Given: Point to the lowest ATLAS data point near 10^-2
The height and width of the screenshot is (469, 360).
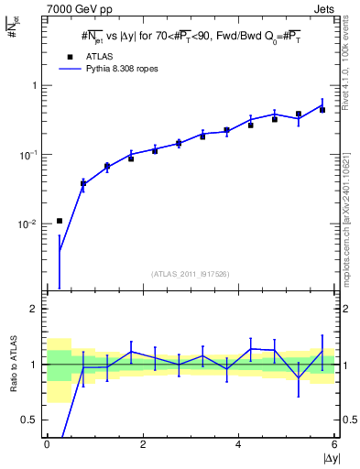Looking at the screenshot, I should pyautogui.click(x=60, y=221).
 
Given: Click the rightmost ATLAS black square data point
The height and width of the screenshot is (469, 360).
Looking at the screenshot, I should pyautogui.click(x=322, y=110).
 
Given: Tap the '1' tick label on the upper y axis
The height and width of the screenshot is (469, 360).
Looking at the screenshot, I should pyautogui.click(x=37, y=86).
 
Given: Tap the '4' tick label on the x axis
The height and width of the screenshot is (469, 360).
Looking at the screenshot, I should pyautogui.click(x=238, y=444).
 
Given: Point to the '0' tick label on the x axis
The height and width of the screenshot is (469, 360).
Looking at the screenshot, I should pyautogui.click(x=47, y=444).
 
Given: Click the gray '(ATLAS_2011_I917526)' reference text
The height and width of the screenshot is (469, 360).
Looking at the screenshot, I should pyautogui.click(x=191, y=274).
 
